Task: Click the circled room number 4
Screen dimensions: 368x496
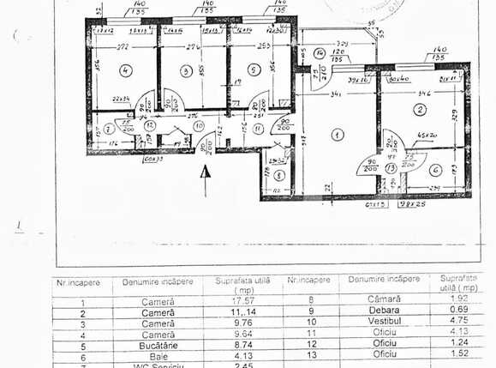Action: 125,70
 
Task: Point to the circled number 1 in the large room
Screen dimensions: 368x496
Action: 336,135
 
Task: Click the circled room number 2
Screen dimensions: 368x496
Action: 419,110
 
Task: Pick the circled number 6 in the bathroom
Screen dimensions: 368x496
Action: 434,169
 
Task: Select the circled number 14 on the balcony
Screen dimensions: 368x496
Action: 319,53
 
